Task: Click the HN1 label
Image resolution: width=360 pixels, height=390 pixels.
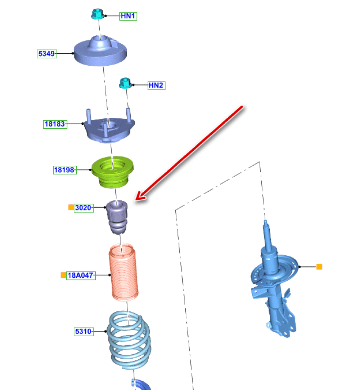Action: (128, 16)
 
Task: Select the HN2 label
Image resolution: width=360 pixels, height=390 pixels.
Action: (156, 85)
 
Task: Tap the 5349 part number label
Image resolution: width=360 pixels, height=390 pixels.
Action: (47, 53)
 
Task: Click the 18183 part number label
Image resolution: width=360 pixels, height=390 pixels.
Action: (55, 124)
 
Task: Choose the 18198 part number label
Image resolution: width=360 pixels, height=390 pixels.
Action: (64, 170)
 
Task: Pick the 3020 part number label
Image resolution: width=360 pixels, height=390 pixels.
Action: (84, 208)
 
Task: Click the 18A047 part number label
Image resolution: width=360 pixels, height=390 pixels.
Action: (81, 275)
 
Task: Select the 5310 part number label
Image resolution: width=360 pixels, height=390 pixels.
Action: (84, 331)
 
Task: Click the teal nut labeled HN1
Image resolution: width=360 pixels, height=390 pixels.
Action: (98, 14)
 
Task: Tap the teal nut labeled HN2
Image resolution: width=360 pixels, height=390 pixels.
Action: (125, 83)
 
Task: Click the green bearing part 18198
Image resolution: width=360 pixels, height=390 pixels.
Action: (113, 172)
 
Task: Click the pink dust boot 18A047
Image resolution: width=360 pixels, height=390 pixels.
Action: (123, 272)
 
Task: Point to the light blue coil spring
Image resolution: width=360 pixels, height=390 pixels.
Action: (129, 340)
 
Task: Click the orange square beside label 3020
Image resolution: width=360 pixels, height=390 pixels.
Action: (71, 208)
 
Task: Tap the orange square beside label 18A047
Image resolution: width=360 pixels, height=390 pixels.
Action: (64, 275)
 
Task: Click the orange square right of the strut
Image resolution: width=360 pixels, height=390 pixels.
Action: (319, 267)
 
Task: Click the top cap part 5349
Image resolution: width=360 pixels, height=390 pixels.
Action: (100, 50)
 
